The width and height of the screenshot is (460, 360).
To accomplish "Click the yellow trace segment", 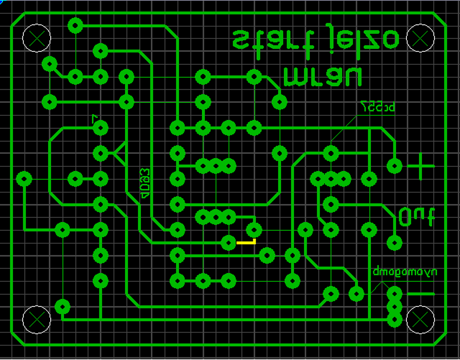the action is (246, 243).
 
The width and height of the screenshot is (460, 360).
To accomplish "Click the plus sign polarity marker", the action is (420, 166).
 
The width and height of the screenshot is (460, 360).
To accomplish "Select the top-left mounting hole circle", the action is (37, 38).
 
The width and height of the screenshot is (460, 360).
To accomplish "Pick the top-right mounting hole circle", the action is (420, 38).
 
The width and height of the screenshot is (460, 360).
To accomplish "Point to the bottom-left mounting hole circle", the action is (37, 319).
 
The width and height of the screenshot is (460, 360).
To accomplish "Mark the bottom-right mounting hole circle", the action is (420, 319).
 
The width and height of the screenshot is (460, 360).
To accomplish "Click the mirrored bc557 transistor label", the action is (378, 106).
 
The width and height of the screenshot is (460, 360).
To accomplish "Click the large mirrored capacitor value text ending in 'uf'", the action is (417, 216).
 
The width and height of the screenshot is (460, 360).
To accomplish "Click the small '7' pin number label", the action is (95, 118).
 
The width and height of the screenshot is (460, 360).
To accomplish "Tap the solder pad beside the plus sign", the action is (395, 166).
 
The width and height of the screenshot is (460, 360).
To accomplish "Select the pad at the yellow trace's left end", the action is (228, 243).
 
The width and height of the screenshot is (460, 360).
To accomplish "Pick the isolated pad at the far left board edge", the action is (24, 179).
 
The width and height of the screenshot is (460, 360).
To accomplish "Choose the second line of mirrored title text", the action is (322, 77).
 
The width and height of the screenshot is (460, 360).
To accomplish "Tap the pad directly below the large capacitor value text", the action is (395, 243).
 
